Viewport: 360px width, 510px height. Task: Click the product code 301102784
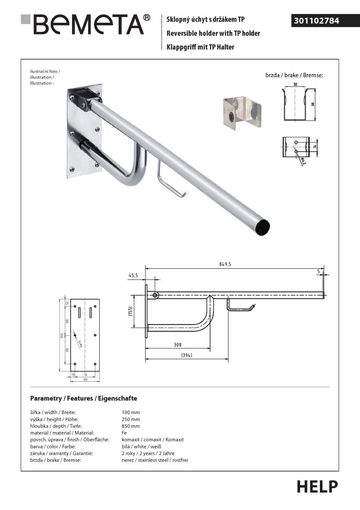coord(316,21)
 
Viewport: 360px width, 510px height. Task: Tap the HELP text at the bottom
coord(317,486)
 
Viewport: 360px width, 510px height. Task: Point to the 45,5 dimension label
coord(134,275)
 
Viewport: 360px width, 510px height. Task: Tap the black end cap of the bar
coord(263,226)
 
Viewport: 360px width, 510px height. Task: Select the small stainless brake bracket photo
coord(241,111)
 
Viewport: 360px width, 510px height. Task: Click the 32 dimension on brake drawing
coord(295,85)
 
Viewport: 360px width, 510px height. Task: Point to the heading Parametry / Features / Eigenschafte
coord(84,398)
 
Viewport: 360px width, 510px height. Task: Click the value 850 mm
coord(131,426)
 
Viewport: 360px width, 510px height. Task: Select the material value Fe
coord(124,433)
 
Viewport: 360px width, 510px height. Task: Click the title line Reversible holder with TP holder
coord(213,33)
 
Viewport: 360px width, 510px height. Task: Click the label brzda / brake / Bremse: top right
coord(294,76)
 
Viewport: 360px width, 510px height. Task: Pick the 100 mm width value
coord(131,412)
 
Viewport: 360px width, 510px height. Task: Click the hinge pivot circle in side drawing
coord(155,295)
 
